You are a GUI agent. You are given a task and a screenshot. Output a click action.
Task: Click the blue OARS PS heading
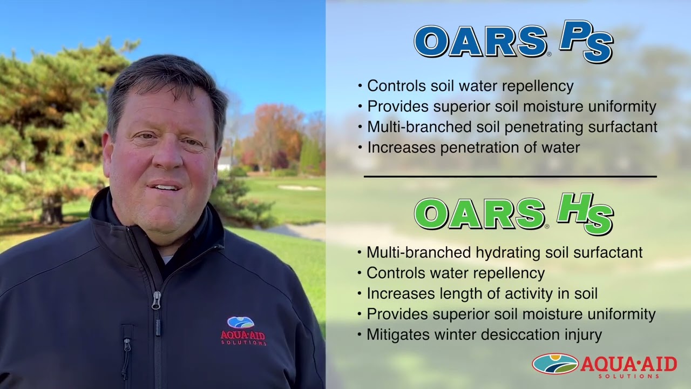[513, 42]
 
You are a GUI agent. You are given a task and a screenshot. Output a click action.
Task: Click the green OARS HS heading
[513, 214]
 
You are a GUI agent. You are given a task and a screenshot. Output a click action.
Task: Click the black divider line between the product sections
[510, 177]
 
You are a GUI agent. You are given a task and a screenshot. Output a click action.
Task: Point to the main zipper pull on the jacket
[156, 300]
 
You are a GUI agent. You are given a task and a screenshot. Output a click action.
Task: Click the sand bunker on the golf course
[300, 187]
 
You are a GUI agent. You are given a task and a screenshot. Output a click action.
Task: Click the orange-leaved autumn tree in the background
[275, 132]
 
